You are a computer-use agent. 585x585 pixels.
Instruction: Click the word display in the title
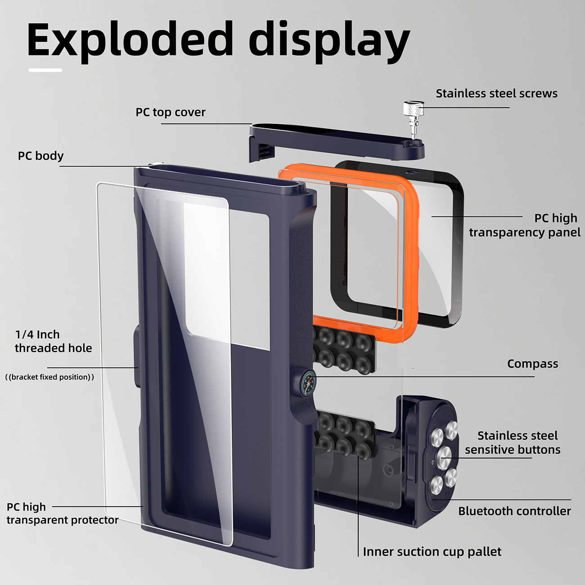(x=328, y=41)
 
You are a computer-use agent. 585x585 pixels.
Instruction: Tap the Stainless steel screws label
(x=496, y=94)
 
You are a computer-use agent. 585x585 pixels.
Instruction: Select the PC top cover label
(x=171, y=112)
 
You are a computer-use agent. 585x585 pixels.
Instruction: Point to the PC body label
(x=40, y=156)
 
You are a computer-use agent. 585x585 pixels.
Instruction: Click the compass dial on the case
(x=308, y=383)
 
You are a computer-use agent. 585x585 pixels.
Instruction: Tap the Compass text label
(x=532, y=364)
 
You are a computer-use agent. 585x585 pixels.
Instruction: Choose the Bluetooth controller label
(x=514, y=511)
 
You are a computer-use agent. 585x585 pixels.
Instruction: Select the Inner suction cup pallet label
(x=432, y=552)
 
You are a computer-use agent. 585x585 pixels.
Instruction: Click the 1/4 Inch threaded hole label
(x=53, y=341)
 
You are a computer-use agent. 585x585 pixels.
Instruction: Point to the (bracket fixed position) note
(x=49, y=377)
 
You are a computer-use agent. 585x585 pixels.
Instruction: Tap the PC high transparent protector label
(x=62, y=513)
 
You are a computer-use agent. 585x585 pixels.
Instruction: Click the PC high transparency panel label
(x=524, y=225)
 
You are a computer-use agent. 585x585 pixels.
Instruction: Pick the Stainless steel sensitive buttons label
(x=513, y=442)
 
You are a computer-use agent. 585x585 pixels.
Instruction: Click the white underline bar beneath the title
(x=45, y=70)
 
